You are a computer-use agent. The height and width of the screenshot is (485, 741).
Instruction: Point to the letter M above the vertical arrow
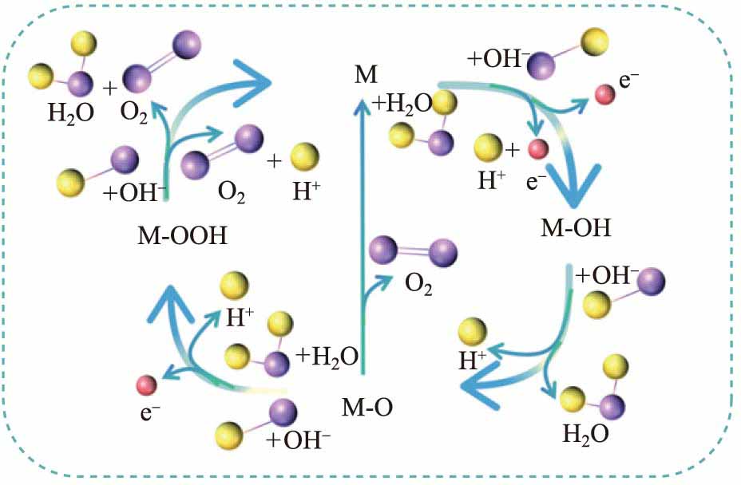click(365, 77)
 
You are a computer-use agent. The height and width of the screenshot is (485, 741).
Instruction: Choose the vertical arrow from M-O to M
click(365, 239)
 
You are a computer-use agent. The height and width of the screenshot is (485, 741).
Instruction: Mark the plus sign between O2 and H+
click(274, 161)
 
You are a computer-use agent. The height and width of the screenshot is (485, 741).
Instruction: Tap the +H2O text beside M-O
click(326, 356)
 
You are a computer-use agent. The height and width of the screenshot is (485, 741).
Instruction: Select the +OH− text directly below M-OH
click(607, 275)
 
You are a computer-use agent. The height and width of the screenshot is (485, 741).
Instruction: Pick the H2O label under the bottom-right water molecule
click(585, 434)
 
